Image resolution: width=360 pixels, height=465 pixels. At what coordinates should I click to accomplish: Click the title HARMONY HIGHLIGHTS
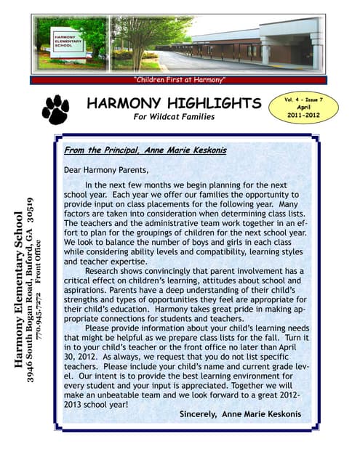point(173,103)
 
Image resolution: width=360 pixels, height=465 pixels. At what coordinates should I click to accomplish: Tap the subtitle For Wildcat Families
point(173,118)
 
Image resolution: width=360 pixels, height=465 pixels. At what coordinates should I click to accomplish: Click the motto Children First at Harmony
point(180,78)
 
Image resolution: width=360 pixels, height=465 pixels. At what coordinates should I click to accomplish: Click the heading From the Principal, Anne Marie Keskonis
point(145,150)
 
